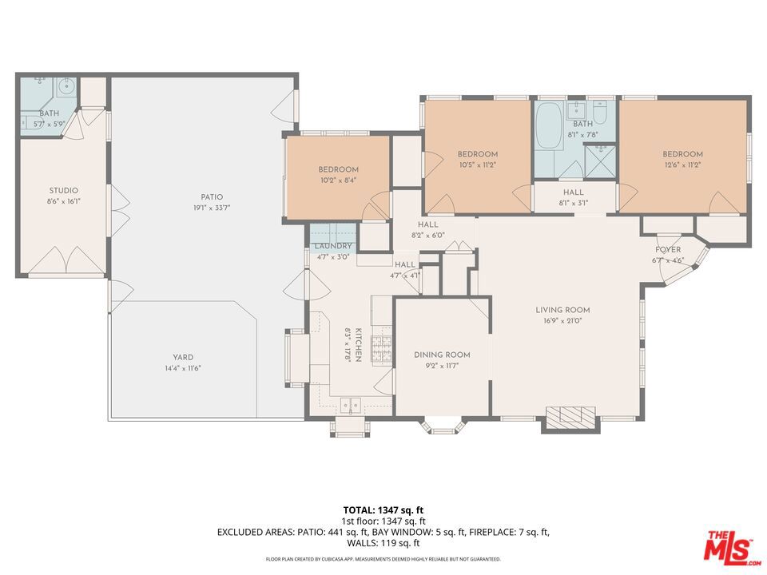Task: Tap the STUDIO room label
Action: click(x=64, y=190)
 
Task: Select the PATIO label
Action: click(x=212, y=196)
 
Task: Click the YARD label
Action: click(x=183, y=357)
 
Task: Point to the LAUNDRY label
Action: click(x=333, y=246)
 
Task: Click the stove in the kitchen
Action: click(x=382, y=350)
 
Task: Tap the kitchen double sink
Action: click(x=352, y=405)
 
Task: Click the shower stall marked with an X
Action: click(x=599, y=161)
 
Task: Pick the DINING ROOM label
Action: click(x=442, y=355)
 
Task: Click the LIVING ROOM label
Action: click(x=562, y=310)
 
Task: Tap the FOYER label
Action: click(x=668, y=250)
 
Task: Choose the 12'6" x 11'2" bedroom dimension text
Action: click(x=682, y=165)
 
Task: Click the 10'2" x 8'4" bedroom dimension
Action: click(x=339, y=180)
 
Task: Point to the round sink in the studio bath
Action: click(x=67, y=87)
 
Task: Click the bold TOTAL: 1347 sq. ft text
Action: click(x=383, y=511)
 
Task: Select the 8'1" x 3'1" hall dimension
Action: click(x=574, y=203)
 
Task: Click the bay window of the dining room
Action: click(x=443, y=425)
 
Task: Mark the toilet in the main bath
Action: click(x=600, y=112)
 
